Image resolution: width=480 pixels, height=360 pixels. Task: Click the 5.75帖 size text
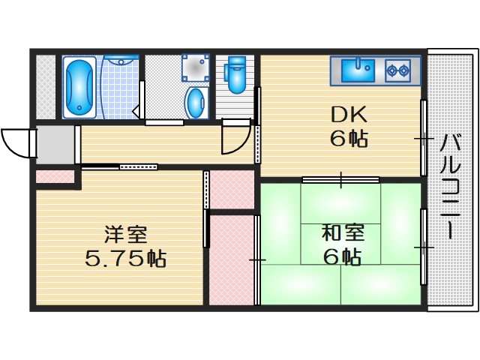[125, 259]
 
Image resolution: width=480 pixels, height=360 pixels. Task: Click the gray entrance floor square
[54, 145]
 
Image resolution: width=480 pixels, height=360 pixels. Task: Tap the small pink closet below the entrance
[55, 177]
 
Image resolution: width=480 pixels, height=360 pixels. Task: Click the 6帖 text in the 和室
[342, 256]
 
